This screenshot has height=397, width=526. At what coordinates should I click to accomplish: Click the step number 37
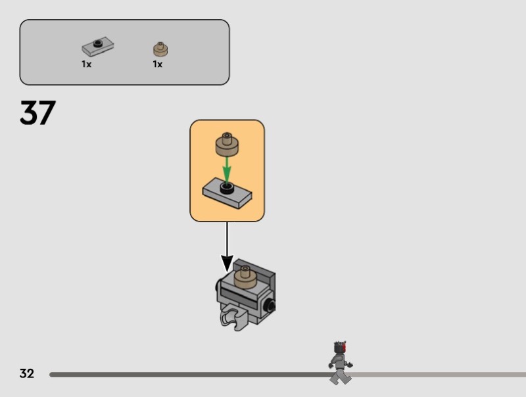pos(37,112)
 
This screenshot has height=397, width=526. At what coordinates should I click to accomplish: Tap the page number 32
pos(27,373)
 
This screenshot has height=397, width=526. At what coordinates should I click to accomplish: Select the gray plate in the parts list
pos(97,46)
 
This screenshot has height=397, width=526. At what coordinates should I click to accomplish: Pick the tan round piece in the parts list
pos(160,49)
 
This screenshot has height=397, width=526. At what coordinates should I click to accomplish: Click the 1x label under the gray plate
pos(87,64)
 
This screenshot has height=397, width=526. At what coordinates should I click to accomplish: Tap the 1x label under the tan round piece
pos(158,64)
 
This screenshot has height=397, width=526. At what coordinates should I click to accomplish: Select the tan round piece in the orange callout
pos(227,145)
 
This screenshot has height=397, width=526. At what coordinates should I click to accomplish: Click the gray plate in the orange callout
pos(227,194)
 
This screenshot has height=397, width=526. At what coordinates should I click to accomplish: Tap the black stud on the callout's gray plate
pos(227,188)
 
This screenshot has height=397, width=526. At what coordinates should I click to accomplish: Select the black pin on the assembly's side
pos(270,306)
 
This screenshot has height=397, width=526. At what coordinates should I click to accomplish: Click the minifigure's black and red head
pos(340,347)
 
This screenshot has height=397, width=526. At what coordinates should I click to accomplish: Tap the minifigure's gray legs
pos(340,376)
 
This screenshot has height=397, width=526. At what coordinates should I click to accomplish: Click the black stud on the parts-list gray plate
pos(98,43)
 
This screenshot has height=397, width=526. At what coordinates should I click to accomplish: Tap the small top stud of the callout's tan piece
pos(227,136)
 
